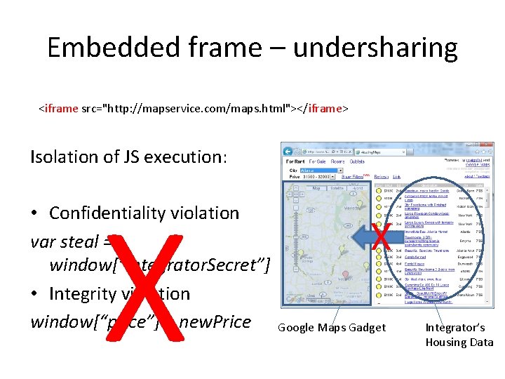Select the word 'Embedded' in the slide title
pyautogui.click(x=113, y=48)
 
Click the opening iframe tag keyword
pyautogui.click(x=60, y=109)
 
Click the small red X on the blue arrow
pyautogui.click(x=381, y=237)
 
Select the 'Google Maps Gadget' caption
pyautogui.click(x=331, y=328)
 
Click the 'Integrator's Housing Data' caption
pyautogui.click(x=459, y=335)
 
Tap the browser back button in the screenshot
pyautogui.click(x=288, y=151)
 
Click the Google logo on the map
pyautogui.click(x=296, y=300)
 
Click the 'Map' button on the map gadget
pyautogui.click(x=316, y=188)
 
